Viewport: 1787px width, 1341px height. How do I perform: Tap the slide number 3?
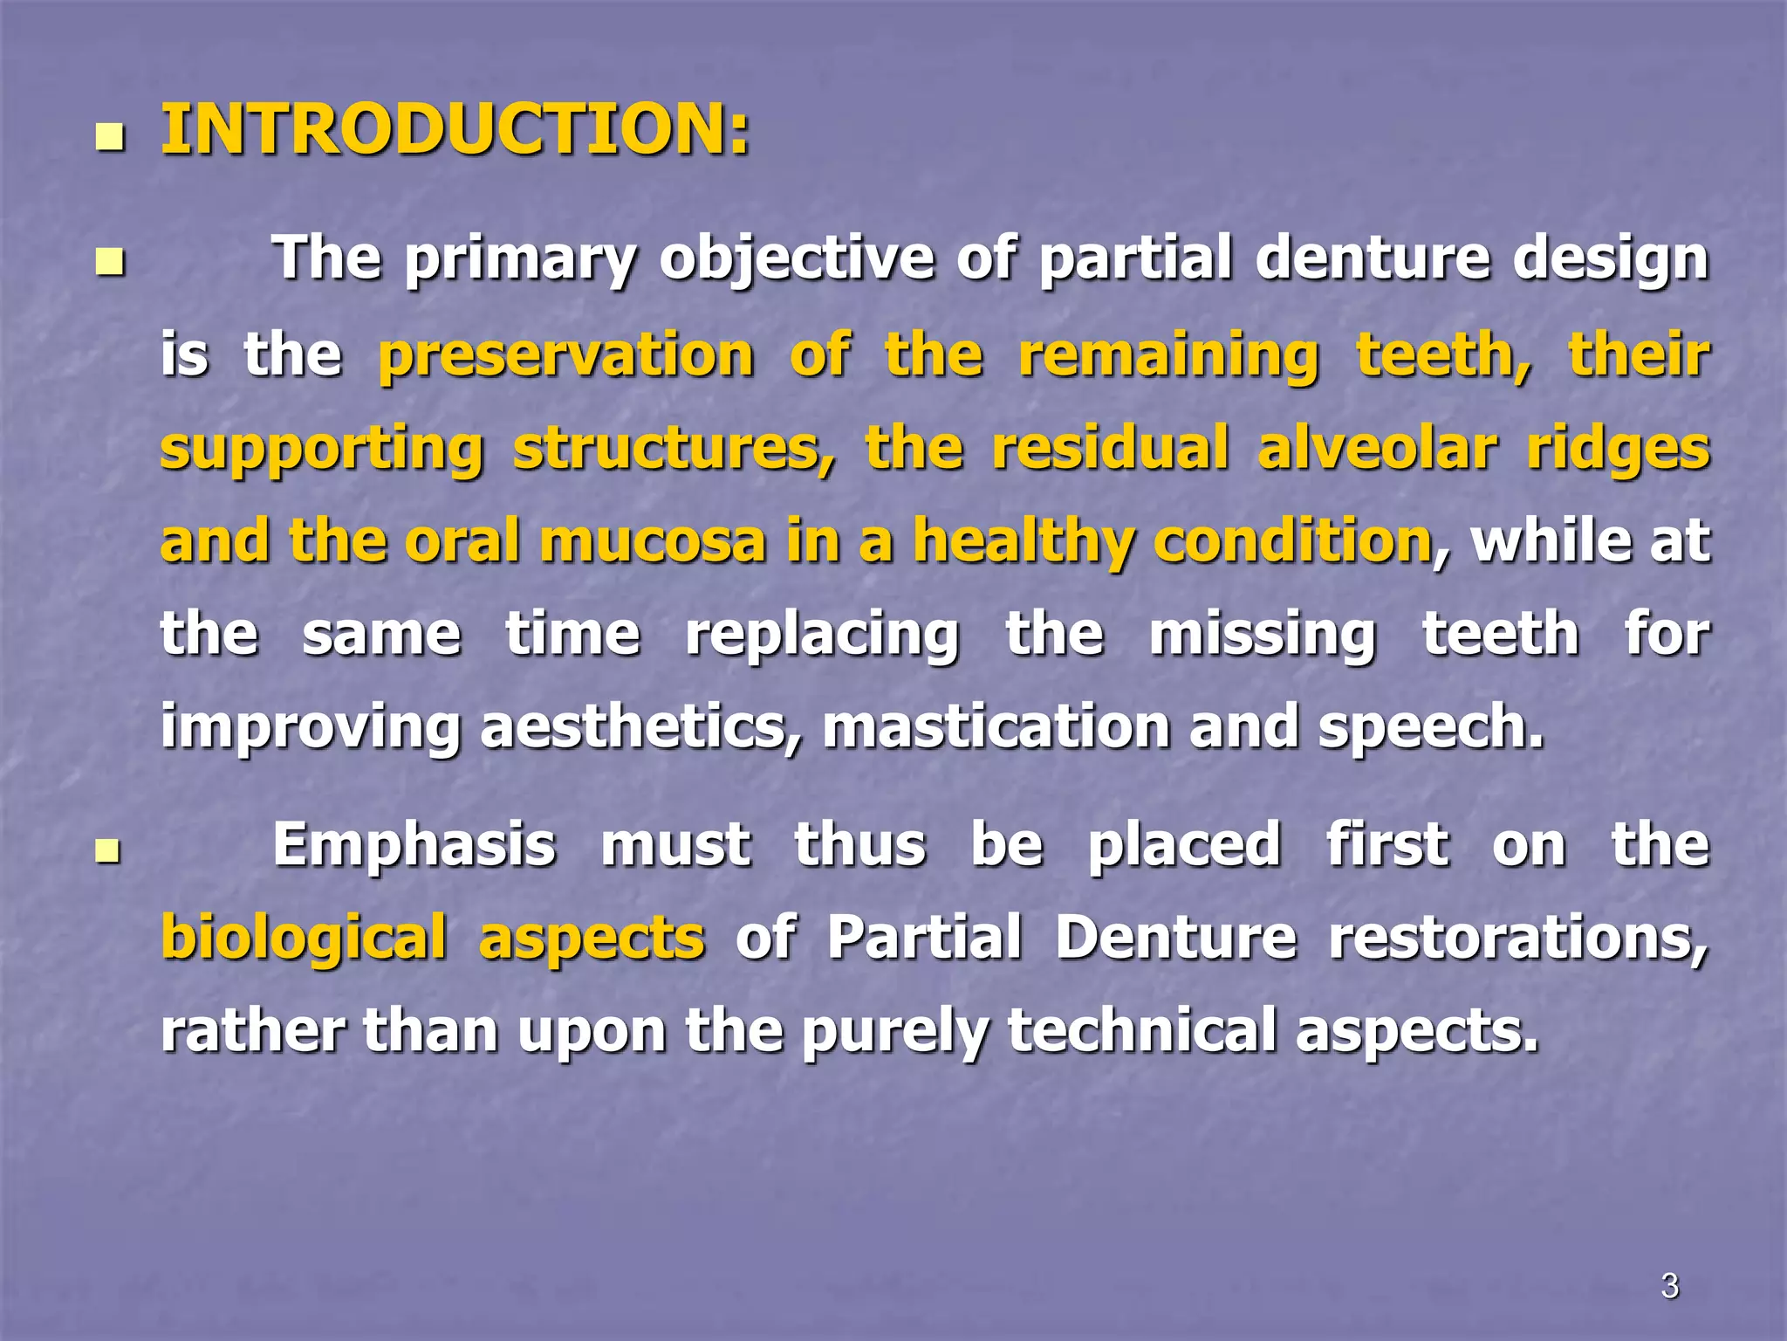tap(1669, 1285)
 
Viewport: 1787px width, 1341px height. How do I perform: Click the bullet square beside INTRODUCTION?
tap(109, 137)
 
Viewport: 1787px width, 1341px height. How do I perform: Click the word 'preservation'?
tap(566, 356)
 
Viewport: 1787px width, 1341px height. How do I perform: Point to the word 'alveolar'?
tap(1377, 449)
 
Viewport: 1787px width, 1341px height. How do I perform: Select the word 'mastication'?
tap(996, 726)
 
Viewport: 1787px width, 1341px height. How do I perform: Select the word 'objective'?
tap(797, 260)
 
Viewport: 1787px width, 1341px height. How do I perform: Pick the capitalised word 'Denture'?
tap(1176, 938)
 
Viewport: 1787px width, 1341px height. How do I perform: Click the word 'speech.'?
tap(1431, 726)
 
